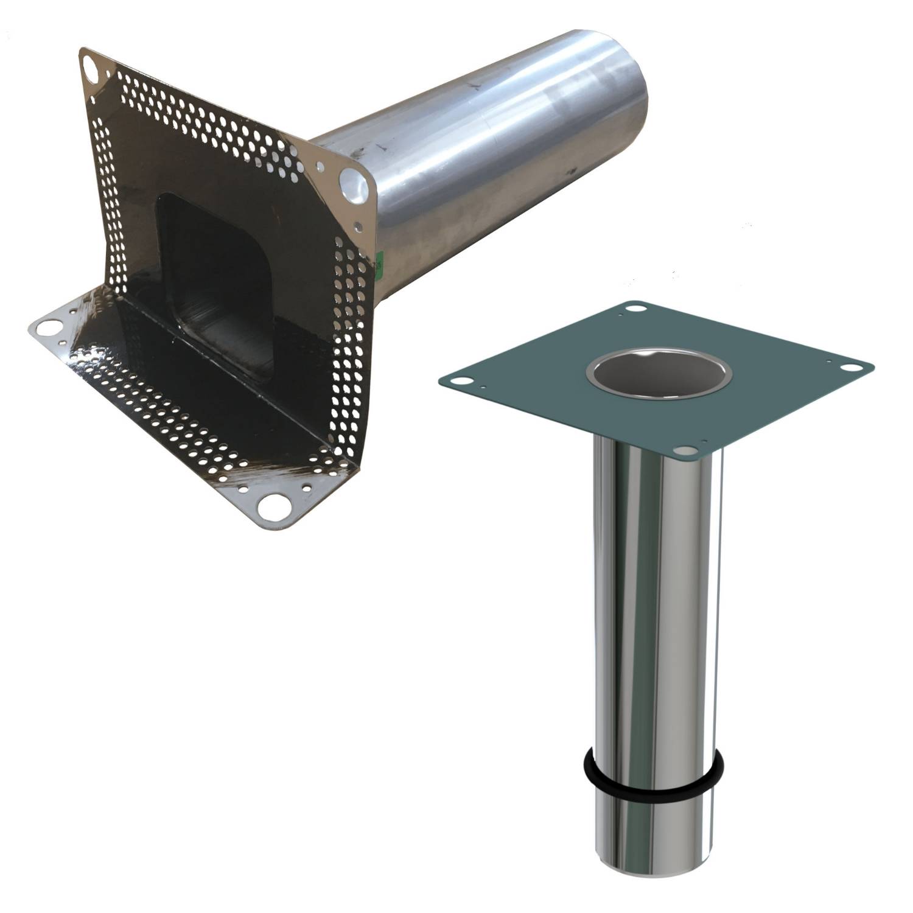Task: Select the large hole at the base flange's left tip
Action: coord(44,327)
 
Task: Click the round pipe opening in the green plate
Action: coord(657,372)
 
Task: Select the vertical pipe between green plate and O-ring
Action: coord(654,609)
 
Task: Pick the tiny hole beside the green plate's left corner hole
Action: coord(481,386)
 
